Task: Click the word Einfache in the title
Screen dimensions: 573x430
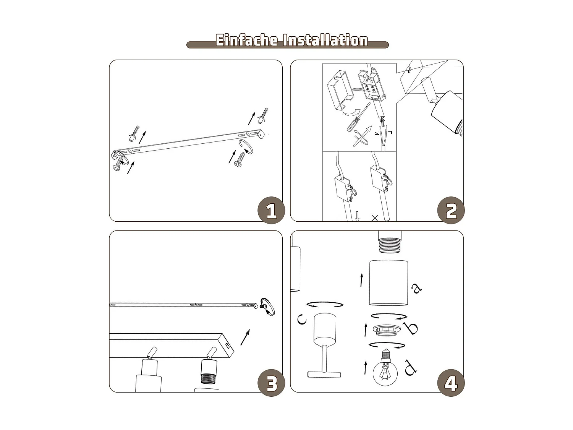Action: (247, 40)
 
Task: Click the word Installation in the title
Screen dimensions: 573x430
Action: (325, 40)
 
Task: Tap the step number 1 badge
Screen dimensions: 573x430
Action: (271, 211)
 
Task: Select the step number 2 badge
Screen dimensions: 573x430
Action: (451, 211)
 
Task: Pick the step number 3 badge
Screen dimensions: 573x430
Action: (271, 383)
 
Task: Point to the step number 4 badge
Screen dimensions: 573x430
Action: (451, 383)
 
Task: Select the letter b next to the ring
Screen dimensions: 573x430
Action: (411, 328)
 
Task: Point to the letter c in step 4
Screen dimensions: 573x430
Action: (302, 319)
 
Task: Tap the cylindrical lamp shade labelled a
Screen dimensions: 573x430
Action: (388, 283)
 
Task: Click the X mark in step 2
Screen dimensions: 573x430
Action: (375, 218)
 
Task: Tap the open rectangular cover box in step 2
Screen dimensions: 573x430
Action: (340, 90)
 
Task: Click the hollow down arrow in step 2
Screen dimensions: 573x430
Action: (357, 216)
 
